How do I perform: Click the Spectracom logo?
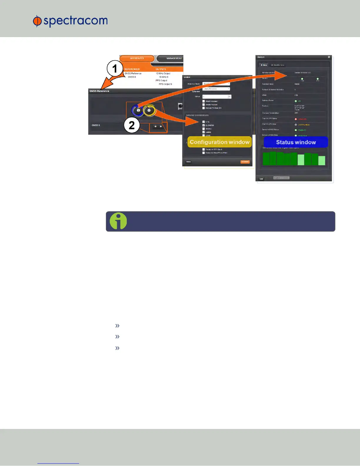coord(70,21)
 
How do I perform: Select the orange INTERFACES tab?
coord(137,58)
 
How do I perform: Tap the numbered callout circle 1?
coord(115,69)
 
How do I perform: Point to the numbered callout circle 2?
coord(131,125)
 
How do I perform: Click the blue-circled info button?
coord(138,110)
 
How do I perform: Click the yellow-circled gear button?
coord(149,110)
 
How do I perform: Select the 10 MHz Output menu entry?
coord(163,74)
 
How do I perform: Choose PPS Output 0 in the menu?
coord(165,84)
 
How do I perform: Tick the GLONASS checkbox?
coord(204,125)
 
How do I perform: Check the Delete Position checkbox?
coord(204,104)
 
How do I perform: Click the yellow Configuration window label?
coord(219,142)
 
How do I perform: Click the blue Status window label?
coord(296,142)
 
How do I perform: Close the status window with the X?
coord(329,57)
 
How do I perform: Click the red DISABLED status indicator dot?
coord(296,119)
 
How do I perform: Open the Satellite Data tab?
coord(278,65)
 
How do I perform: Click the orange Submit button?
coord(245,162)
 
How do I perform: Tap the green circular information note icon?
coord(118,221)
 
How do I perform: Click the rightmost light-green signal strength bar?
coord(322,161)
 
